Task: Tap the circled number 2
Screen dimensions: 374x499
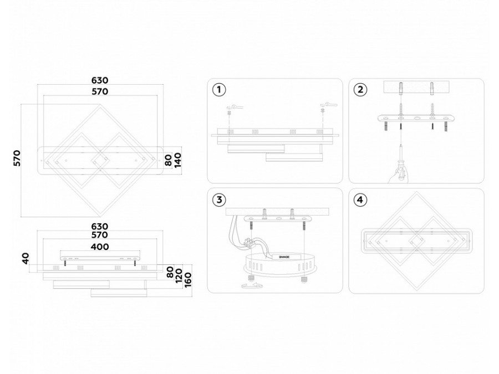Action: [361, 90]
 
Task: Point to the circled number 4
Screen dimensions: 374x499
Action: [361, 199]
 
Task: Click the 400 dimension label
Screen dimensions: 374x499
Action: [100, 247]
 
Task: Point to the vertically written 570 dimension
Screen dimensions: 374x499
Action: [17, 158]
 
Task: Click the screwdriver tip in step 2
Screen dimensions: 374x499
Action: [400, 143]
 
